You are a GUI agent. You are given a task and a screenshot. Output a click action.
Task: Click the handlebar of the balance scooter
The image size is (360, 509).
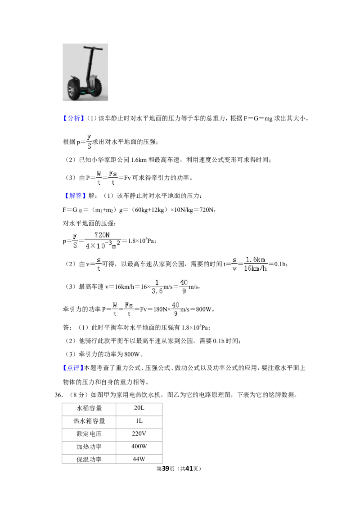(93, 48)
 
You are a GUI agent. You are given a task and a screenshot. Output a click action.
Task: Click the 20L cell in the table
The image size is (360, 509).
(139, 408)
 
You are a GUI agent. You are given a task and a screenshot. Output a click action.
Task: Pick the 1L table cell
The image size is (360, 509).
(139, 421)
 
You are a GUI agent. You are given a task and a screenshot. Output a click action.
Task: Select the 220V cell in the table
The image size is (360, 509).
(139, 434)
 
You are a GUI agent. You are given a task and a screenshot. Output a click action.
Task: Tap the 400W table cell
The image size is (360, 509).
(139, 446)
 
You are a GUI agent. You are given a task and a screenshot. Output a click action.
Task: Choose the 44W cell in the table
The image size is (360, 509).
(139, 459)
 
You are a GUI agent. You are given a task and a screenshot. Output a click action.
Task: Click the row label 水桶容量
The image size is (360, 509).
(89, 408)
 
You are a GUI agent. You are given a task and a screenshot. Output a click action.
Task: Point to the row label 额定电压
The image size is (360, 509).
(89, 434)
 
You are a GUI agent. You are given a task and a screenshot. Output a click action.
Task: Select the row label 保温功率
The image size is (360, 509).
(89, 460)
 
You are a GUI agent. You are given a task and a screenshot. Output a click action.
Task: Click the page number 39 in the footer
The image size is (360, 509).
(166, 469)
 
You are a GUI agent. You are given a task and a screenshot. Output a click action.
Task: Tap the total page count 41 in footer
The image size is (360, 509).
(189, 469)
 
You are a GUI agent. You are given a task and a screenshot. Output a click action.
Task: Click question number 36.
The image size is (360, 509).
(58, 395)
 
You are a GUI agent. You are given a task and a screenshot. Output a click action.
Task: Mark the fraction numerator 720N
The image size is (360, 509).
(102, 235)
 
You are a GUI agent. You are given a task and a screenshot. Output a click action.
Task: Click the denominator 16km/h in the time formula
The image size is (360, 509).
(256, 268)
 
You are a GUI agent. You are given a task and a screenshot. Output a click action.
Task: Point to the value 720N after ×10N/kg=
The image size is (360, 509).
(207, 210)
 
